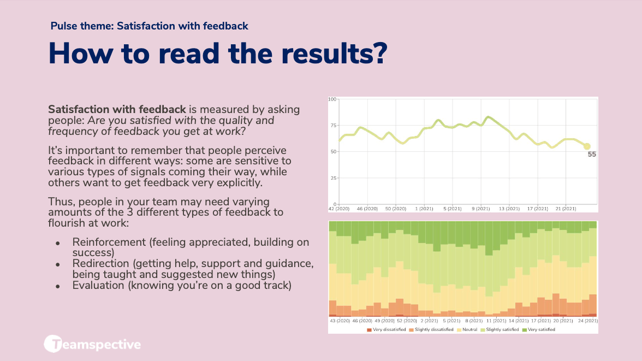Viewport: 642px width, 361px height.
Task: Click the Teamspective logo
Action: coord(92,344)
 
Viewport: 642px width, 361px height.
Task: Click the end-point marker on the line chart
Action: coord(587,146)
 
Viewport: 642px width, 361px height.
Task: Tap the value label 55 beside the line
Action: coord(592,155)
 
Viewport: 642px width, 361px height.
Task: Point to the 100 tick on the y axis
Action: coord(332,99)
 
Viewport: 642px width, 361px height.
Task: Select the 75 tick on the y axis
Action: coord(333,125)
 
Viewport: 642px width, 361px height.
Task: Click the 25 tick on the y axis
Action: coord(333,178)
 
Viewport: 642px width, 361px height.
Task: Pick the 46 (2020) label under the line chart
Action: coord(367,209)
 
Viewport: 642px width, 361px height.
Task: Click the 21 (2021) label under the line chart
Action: coord(566,209)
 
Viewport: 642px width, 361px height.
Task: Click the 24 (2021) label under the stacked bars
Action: coord(588,321)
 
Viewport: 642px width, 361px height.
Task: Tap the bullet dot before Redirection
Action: coord(57,264)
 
